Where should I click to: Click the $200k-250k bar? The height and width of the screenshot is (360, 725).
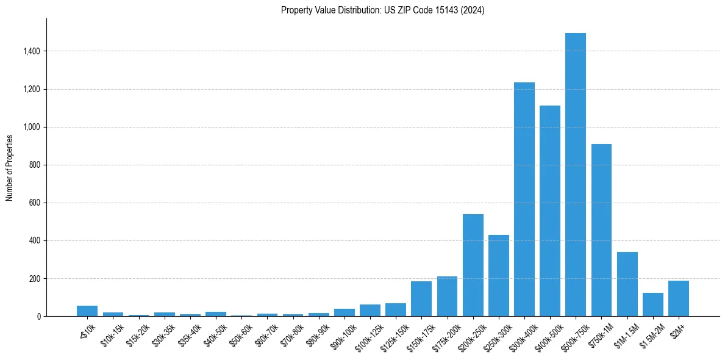point(473,265)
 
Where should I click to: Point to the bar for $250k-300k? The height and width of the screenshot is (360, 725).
point(498,275)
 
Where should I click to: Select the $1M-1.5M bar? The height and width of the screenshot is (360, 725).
point(627,284)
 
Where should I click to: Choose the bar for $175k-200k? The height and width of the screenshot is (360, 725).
point(447,296)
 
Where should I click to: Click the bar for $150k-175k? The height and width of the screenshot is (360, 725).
point(421,298)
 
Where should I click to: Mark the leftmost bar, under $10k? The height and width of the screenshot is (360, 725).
point(87,311)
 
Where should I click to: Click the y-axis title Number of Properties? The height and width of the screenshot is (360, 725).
point(10,167)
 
